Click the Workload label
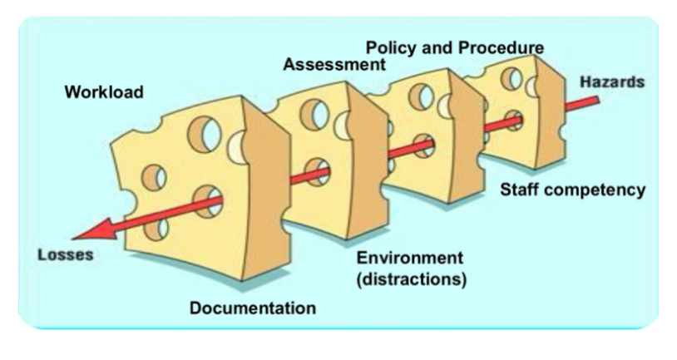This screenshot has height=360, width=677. (104, 91)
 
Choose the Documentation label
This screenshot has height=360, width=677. (253, 308)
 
